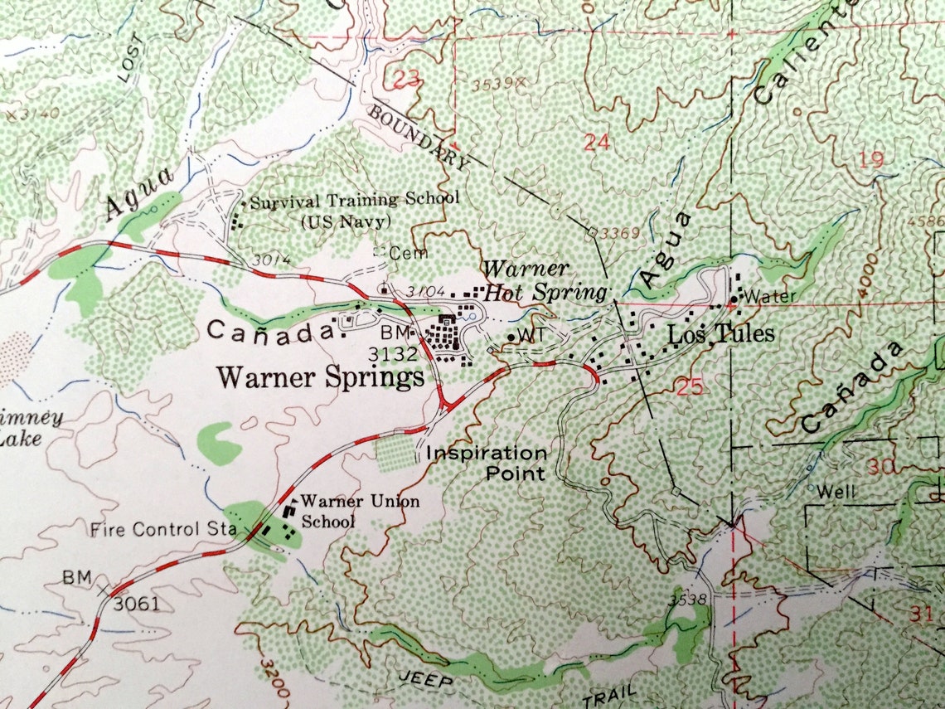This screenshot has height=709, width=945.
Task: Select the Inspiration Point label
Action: (x=487, y=464)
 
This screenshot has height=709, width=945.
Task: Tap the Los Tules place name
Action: (x=721, y=333)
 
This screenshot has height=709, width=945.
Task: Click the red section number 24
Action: (x=596, y=142)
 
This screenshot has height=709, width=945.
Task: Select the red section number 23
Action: (x=405, y=80)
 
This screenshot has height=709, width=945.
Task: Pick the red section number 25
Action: (x=689, y=386)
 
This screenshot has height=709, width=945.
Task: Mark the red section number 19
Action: (x=870, y=159)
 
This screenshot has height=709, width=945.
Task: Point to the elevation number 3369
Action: (x=621, y=233)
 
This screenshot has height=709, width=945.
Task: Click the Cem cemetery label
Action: (x=403, y=253)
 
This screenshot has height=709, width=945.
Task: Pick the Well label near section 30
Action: (x=835, y=492)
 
